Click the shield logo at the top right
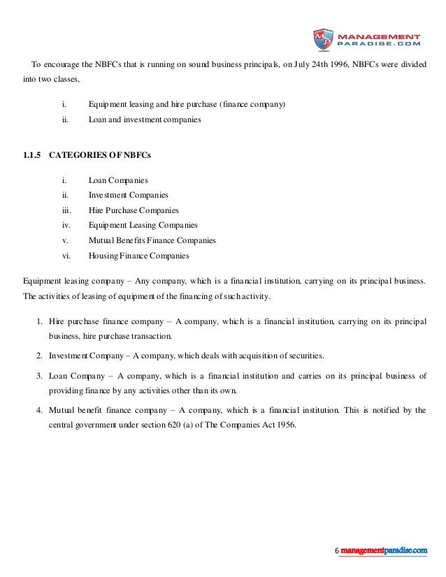click(323, 40)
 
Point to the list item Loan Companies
click(118, 180)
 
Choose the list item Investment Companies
click(128, 195)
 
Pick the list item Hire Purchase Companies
click(134, 210)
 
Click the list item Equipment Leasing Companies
click(143, 226)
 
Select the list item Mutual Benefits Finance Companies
click(152, 240)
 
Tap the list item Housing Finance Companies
click(138, 256)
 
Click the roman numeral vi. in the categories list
click(66, 256)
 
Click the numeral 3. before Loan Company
click(39, 377)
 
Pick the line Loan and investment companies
click(145, 119)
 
